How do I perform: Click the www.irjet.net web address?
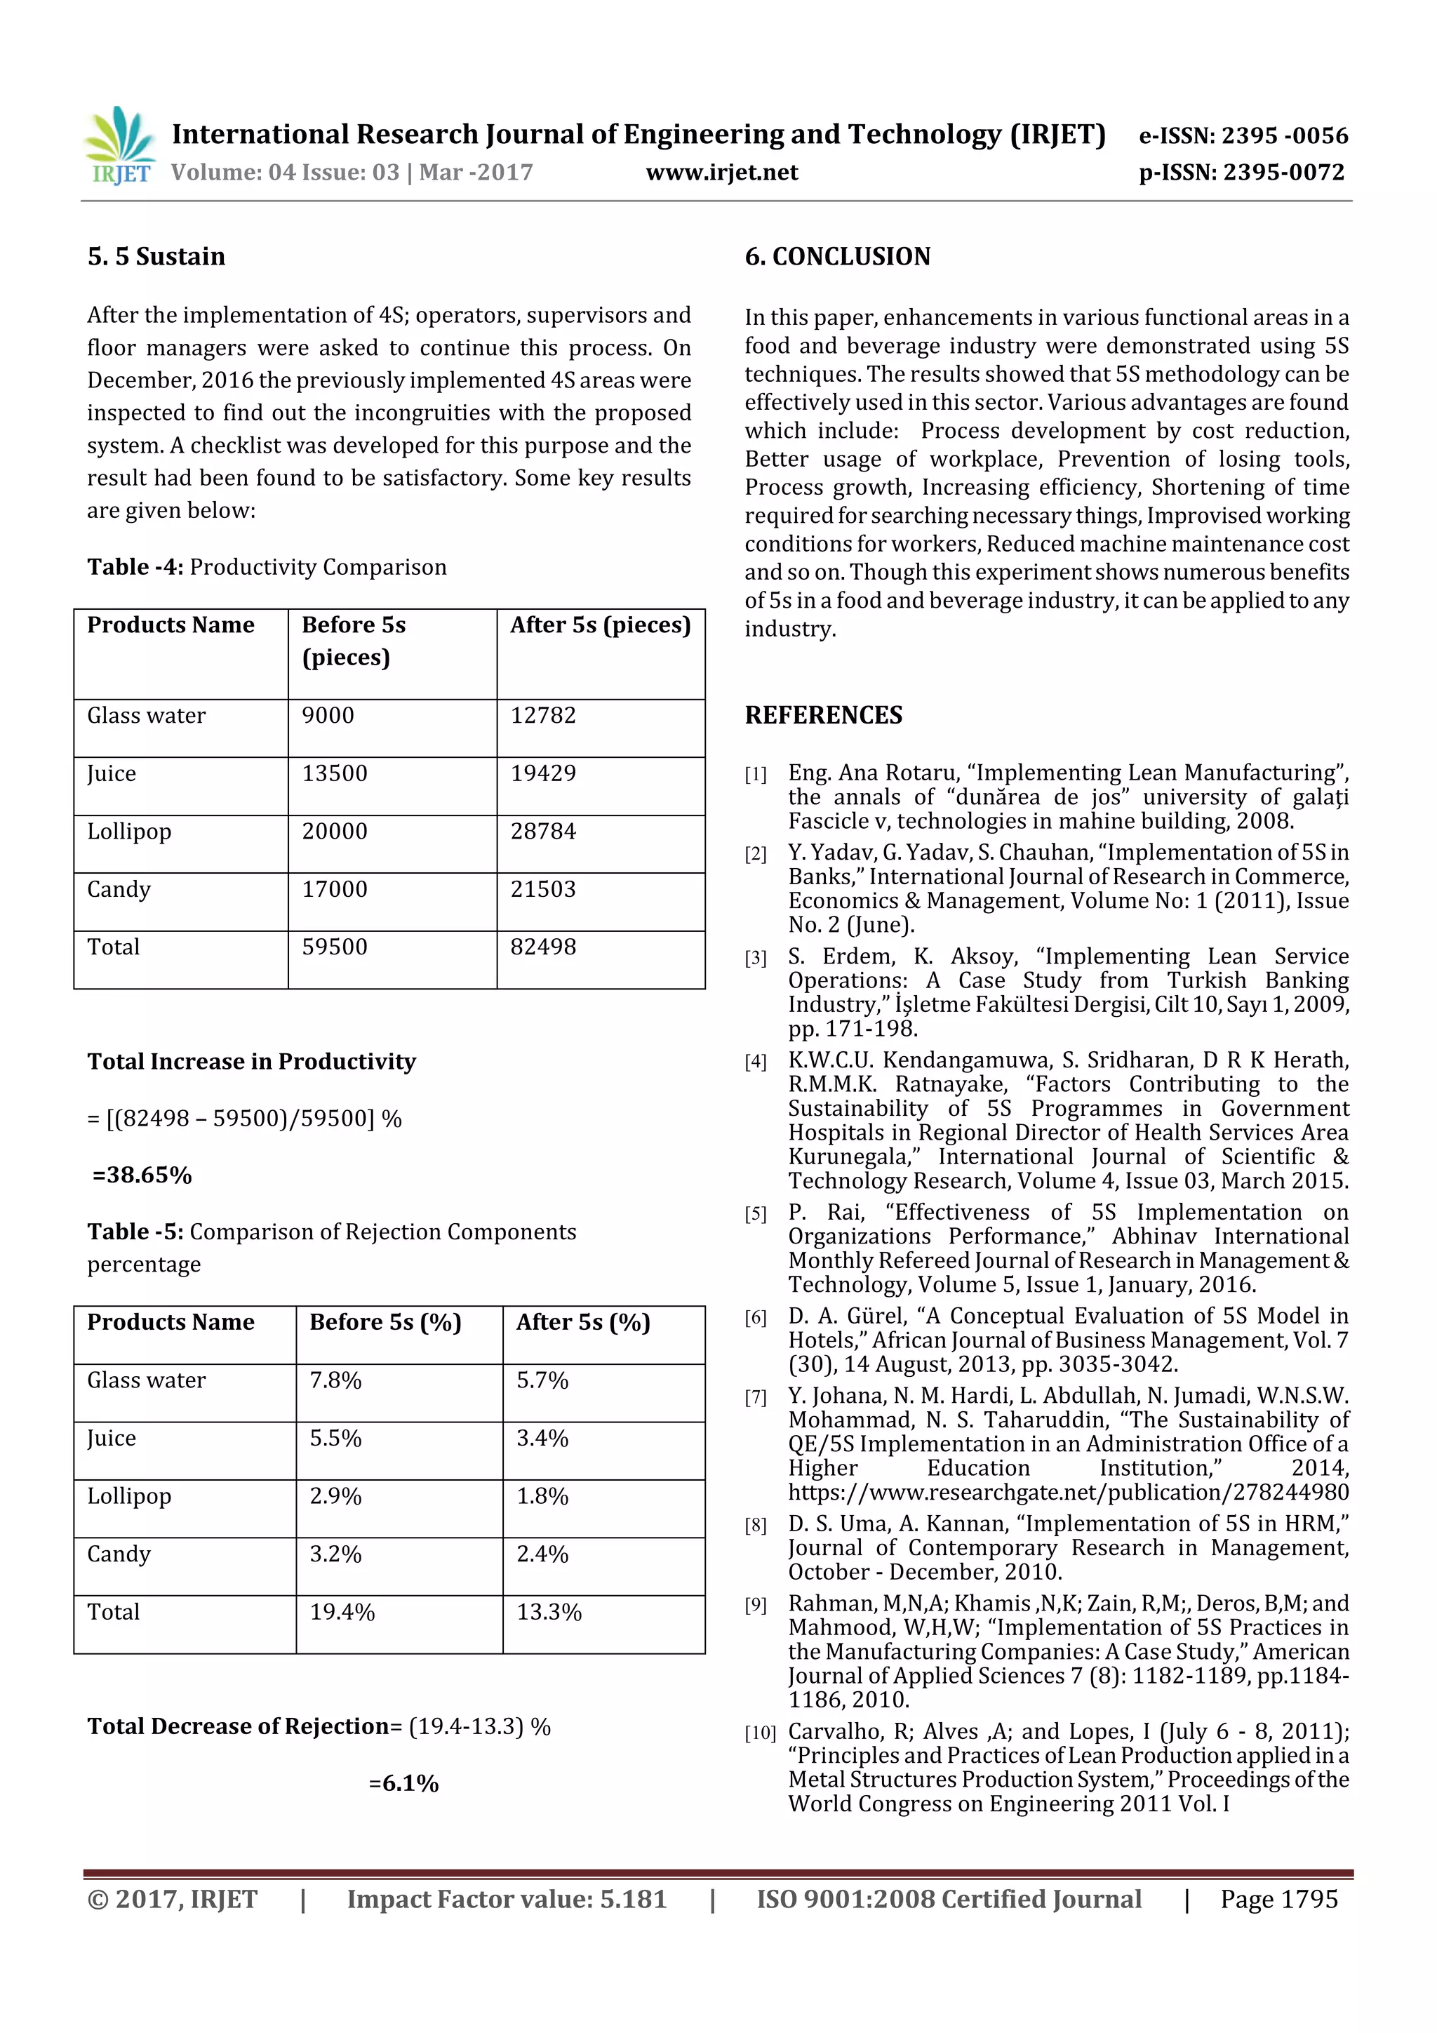[721, 173]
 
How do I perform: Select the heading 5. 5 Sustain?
[156, 257]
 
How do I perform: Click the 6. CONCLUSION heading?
[838, 257]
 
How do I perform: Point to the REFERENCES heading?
[824, 716]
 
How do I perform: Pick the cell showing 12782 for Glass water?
[543, 716]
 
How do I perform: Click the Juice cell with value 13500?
[334, 774]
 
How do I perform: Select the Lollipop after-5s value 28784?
[543, 832]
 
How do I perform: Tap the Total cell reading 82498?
[543, 947]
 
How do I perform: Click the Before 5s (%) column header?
[385, 1323]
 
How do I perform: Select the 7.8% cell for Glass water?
[335, 1381]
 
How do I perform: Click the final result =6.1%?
[403, 1783]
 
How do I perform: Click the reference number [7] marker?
[755, 1398]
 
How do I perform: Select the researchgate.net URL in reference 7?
[1068, 1492]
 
